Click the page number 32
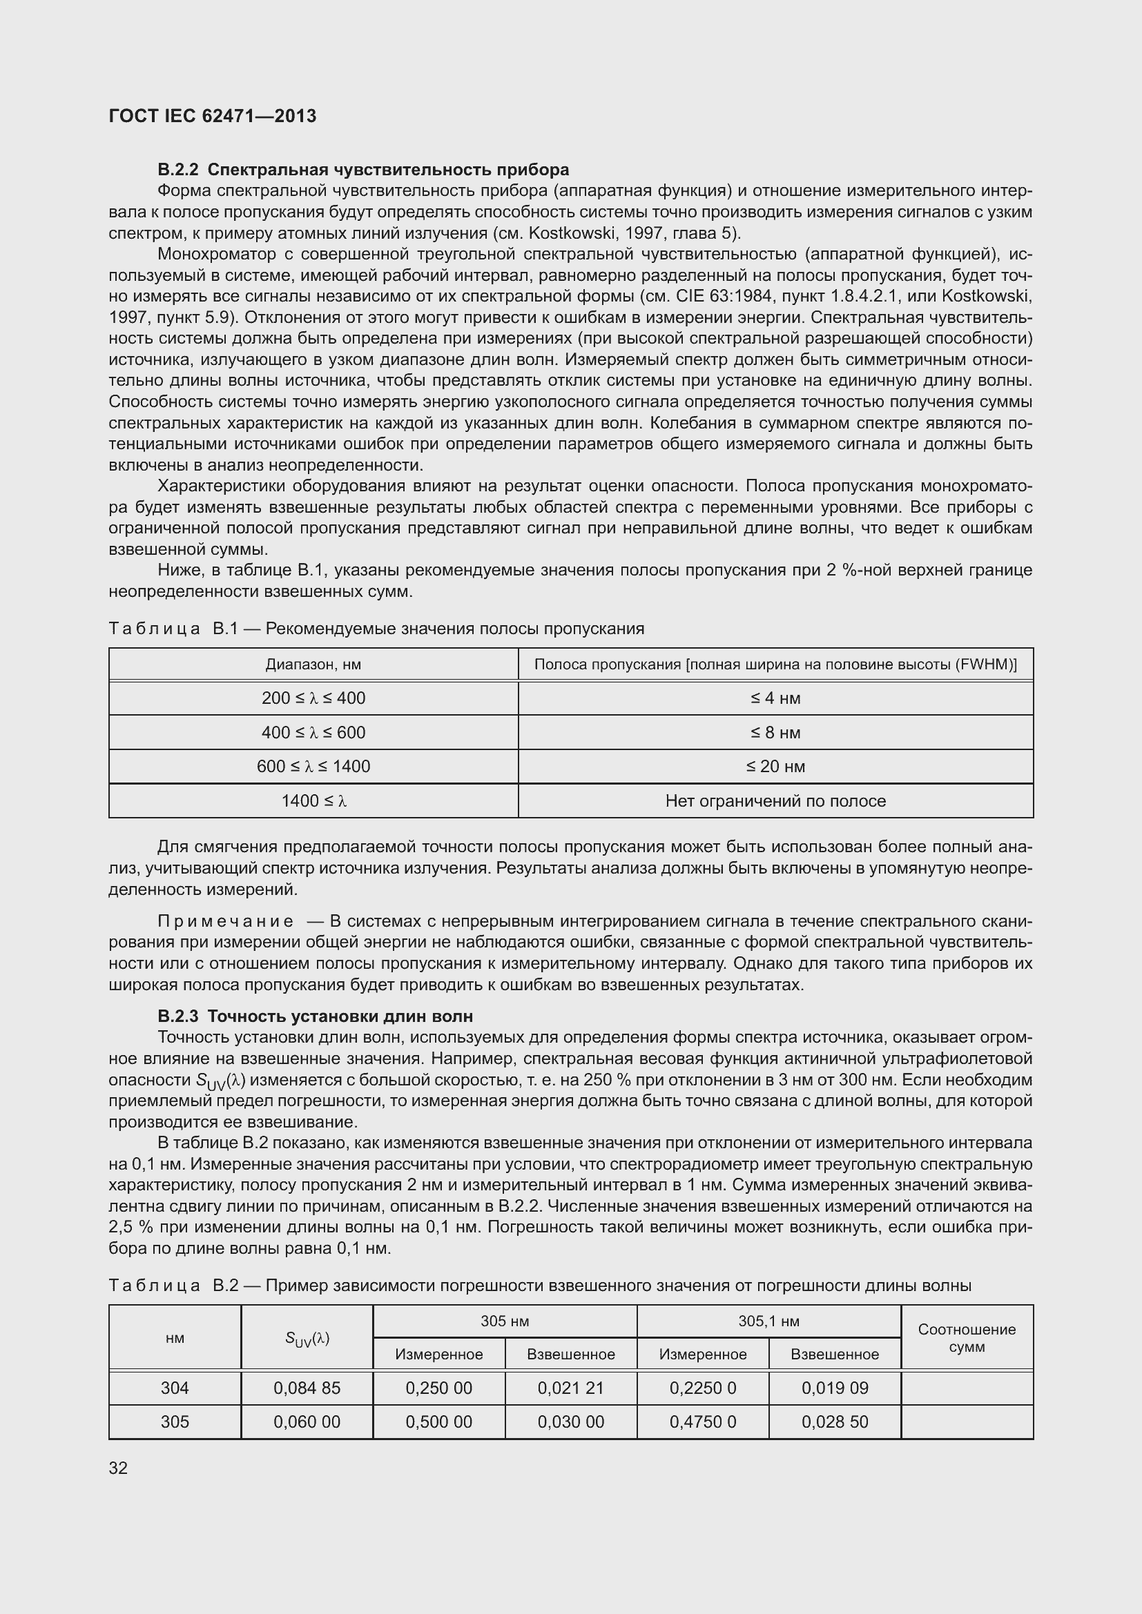coord(118,1468)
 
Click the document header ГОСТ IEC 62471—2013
coord(213,117)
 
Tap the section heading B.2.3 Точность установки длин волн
coord(315,1016)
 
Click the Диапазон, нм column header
coord(313,665)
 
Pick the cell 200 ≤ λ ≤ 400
coord(313,698)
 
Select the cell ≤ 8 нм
coord(775,733)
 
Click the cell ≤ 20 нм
coord(775,766)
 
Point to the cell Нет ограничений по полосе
coord(775,800)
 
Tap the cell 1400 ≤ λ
coord(313,800)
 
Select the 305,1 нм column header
coord(768,1321)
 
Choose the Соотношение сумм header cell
coord(966,1338)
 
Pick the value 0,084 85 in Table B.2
coord(307,1388)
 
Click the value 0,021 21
coord(570,1388)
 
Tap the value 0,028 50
coord(834,1421)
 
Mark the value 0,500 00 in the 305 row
coord(438,1421)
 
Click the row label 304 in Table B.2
coord(175,1388)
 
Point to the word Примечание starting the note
coord(225,922)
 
